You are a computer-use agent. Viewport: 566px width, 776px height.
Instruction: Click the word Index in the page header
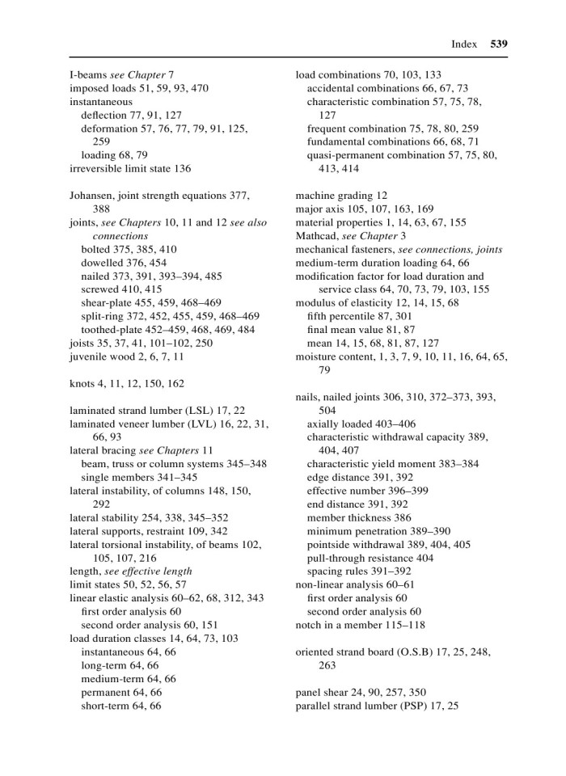tap(464, 44)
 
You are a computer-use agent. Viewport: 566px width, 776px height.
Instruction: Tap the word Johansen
tap(94, 195)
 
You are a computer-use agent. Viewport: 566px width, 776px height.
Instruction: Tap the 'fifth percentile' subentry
tap(343, 315)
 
